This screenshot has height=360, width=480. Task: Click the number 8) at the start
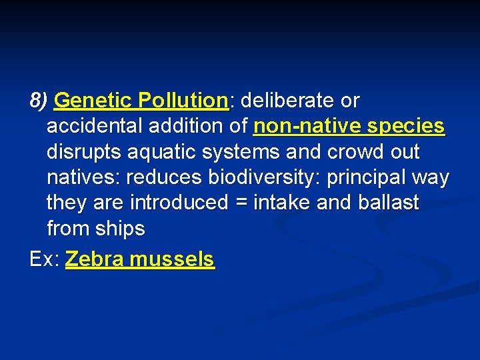pyautogui.click(x=39, y=101)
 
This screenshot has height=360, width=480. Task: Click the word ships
pyautogui.click(x=119, y=229)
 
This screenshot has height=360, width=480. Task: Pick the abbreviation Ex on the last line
pyautogui.click(x=43, y=259)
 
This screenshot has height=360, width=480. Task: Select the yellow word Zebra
pyautogui.click(x=94, y=259)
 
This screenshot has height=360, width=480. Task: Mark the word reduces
pyautogui.click(x=164, y=178)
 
